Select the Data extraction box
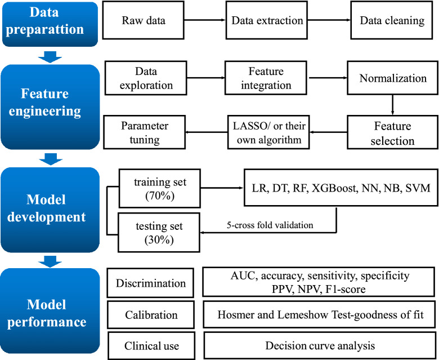point(267,21)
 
